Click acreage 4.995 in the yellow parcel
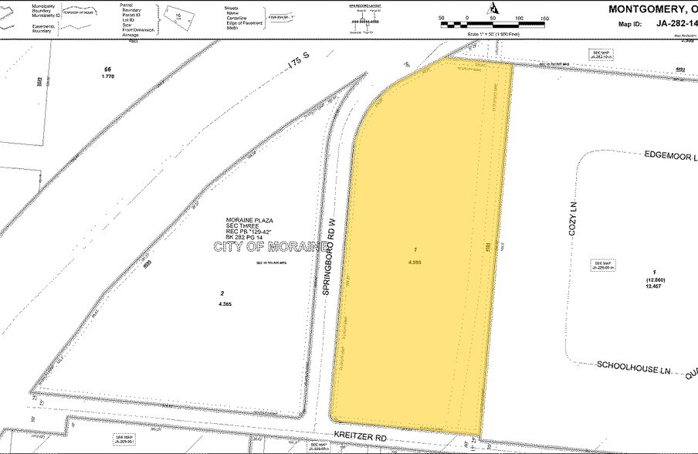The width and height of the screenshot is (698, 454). (x=416, y=262)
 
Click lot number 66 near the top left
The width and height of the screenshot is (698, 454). (x=107, y=69)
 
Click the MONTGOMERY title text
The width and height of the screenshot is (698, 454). (x=652, y=9)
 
